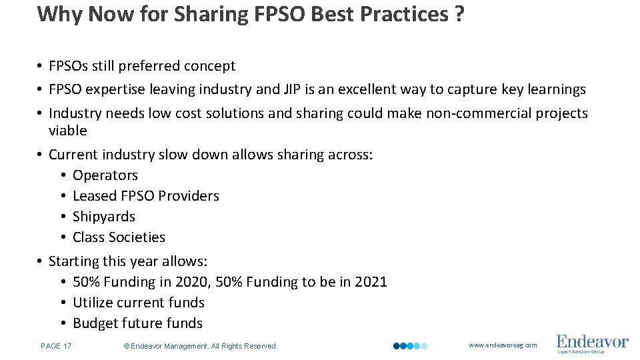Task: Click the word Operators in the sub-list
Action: coord(105,175)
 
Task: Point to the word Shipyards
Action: coord(104,217)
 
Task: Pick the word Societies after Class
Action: coord(138,237)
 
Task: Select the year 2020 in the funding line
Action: coord(192,282)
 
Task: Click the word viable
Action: coord(68,131)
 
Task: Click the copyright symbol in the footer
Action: coord(127,346)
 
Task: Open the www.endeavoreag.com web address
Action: coord(503,345)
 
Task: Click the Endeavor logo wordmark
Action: coord(592,341)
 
